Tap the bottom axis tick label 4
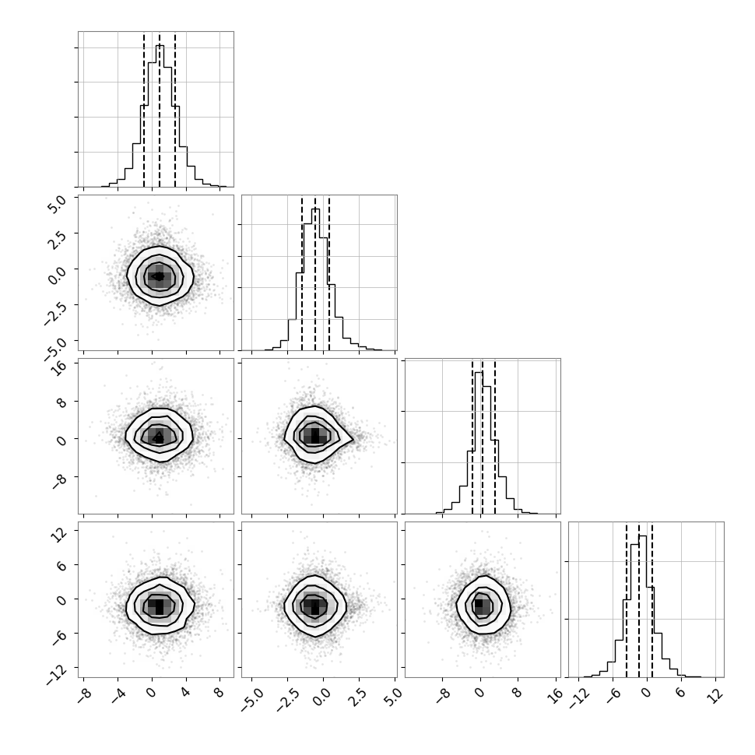pos(185,694)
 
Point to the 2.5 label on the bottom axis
pos(358,697)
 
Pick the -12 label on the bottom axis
pos(578,699)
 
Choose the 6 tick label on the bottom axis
pos(679,694)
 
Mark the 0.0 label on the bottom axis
pos(322,697)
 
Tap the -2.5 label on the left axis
pos(54,314)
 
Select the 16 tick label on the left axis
pos(58,368)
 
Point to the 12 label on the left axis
pos(58,533)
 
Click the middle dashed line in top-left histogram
pos(160,111)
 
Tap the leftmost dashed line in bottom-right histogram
pos(626,600)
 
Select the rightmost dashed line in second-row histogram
pos(329,273)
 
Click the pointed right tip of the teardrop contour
pos(353,439)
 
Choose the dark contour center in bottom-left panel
pos(160,604)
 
